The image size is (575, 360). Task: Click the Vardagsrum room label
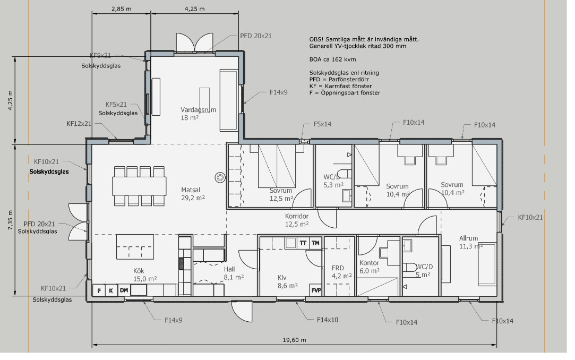tap(199, 109)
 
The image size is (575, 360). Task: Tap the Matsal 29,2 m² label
tap(193, 194)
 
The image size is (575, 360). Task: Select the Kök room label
tap(139, 271)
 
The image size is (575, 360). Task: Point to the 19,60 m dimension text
tap(294, 340)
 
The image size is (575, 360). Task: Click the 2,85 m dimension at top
tap(122, 9)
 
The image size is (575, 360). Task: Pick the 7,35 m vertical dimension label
tap(10, 220)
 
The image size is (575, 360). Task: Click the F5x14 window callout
tap(322, 124)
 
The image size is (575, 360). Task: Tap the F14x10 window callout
tap(328, 320)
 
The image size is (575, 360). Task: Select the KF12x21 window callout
tap(79, 124)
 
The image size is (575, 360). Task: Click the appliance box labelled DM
tap(124, 290)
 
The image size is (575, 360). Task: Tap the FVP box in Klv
tap(316, 290)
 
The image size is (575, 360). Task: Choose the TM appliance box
tap(315, 243)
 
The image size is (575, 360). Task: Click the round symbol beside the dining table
tap(220, 178)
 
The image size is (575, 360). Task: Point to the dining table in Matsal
tap(139, 186)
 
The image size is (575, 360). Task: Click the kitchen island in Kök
tap(135, 247)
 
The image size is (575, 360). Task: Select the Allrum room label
tap(469, 238)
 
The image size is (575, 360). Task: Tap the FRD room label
tap(338, 268)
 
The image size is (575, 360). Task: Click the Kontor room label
tap(370, 263)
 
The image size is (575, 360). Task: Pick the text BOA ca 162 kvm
tap(332, 59)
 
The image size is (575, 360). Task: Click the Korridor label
tap(297, 216)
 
